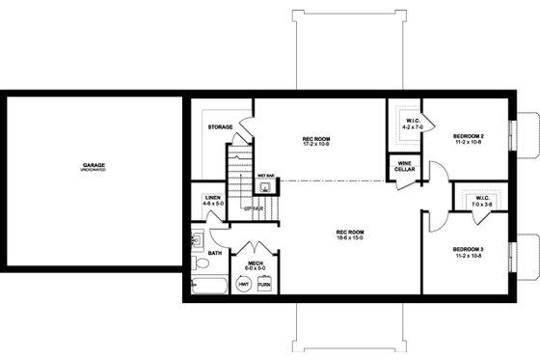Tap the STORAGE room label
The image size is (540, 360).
pyautogui.click(x=220, y=126)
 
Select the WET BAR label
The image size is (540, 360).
pyautogui.click(x=263, y=176)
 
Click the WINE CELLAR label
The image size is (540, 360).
pyautogui.click(x=406, y=167)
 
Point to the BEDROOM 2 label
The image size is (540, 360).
pyautogui.click(x=468, y=136)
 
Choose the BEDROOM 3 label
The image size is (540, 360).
pyautogui.click(x=468, y=250)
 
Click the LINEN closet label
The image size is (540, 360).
pyautogui.click(x=213, y=198)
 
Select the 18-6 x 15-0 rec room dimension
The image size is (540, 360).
pyautogui.click(x=351, y=236)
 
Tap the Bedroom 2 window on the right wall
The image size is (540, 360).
pyautogui.click(x=527, y=135)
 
